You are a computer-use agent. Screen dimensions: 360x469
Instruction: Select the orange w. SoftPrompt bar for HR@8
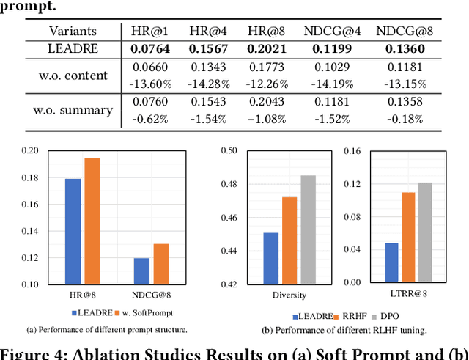(92, 221)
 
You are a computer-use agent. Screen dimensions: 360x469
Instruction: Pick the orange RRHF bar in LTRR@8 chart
(408, 238)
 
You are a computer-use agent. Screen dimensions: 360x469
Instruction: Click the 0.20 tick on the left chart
(30, 151)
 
